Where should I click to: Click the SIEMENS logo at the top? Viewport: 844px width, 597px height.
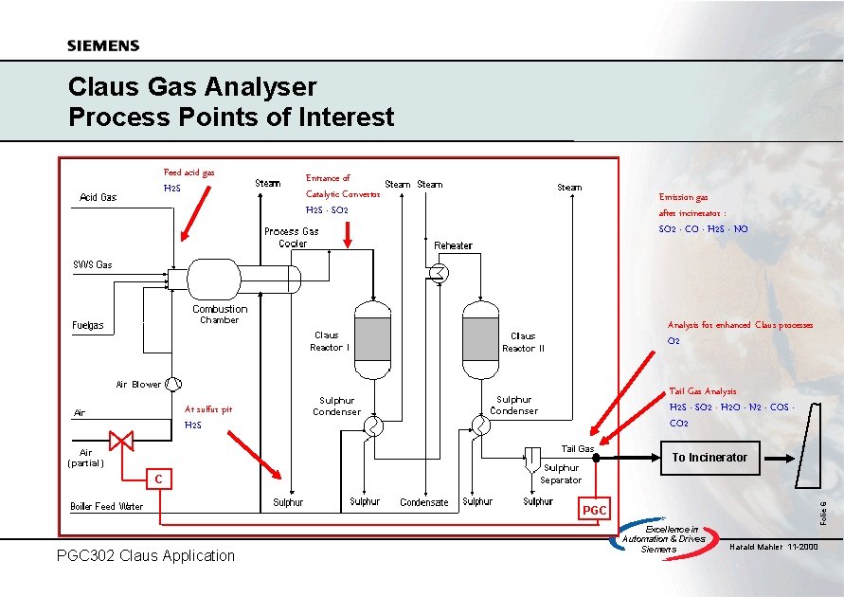103,45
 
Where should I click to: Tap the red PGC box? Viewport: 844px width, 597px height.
594,511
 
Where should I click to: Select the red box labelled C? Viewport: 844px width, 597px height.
158,480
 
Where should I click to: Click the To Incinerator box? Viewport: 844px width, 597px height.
709,458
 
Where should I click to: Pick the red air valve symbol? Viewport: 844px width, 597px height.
121,441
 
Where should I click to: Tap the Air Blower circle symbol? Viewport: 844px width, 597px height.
172,384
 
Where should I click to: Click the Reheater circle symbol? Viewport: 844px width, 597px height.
440,272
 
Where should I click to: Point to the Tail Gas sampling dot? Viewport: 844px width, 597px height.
597,458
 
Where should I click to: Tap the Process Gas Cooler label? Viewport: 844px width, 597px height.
292,237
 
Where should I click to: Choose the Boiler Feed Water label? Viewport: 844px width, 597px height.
107,506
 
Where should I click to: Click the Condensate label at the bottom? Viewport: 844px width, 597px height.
423,502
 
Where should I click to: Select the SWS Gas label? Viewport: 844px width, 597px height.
93,264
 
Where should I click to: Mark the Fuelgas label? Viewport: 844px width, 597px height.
88,326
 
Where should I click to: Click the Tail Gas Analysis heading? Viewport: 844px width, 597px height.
703,391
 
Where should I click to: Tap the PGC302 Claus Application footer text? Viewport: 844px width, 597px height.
145,555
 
